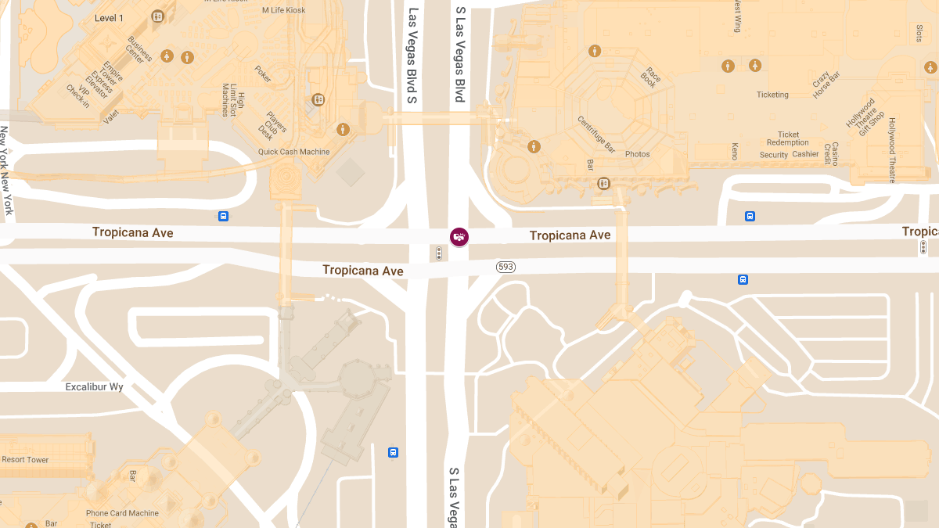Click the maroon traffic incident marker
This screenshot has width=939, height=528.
click(x=459, y=236)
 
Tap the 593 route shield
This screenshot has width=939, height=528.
click(x=505, y=268)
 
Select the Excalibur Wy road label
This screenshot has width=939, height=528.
click(x=94, y=387)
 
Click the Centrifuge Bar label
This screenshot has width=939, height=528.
click(x=596, y=133)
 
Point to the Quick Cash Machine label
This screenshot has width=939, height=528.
click(x=294, y=152)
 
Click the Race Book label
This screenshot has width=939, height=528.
click(x=651, y=78)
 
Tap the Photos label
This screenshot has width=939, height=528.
click(x=638, y=154)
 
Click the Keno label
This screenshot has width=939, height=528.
click(x=734, y=151)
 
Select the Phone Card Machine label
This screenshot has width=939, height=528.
click(x=122, y=513)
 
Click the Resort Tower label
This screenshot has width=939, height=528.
click(x=25, y=460)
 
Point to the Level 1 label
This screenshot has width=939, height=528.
click(x=109, y=18)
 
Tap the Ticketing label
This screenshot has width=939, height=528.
click(x=772, y=95)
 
